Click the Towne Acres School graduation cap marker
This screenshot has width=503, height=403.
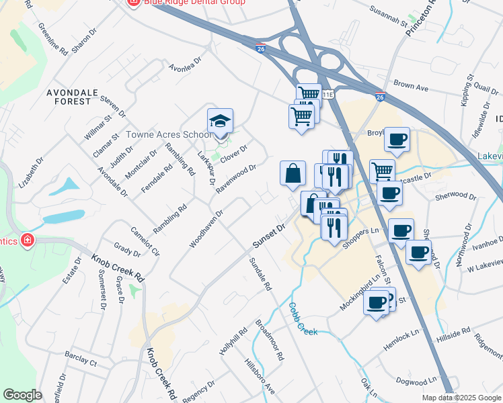pyautogui.click(x=220, y=122)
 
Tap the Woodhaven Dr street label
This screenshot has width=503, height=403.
pyautogui.click(x=206, y=228)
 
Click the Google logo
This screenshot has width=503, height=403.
pyautogui.click(x=23, y=395)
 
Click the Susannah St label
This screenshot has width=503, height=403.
pyautogui.click(x=389, y=17)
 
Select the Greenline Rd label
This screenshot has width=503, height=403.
pyautogui.click(x=53, y=39)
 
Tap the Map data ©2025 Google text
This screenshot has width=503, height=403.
pyautogui.click(x=461, y=398)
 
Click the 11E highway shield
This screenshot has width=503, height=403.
pyautogui.click(x=327, y=95)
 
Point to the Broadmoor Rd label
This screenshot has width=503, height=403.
pyautogui.click(x=269, y=340)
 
